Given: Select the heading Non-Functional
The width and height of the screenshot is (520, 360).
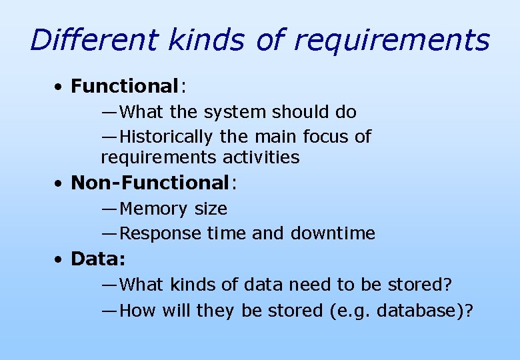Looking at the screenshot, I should click(x=150, y=183).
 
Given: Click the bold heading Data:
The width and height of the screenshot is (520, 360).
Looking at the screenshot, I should click(x=98, y=259).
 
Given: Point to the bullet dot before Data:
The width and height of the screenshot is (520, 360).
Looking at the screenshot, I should click(x=60, y=259).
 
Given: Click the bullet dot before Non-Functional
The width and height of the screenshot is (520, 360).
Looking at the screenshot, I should click(x=60, y=183).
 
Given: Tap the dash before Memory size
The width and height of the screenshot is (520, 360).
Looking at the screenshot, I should click(x=110, y=209).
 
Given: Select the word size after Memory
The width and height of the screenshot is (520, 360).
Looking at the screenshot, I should click(x=211, y=209).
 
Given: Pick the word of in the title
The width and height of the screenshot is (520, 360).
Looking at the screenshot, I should click(x=271, y=40).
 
